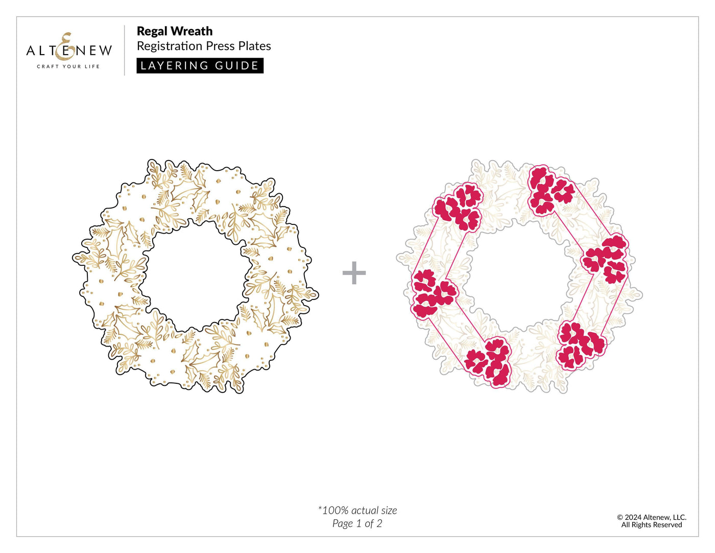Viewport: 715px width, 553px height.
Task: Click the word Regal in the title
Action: [x=152, y=32]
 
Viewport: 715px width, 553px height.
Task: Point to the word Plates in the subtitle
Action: [x=255, y=46]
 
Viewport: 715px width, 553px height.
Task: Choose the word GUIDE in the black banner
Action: [x=236, y=66]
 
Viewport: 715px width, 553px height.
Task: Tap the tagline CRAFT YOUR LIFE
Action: [x=68, y=66]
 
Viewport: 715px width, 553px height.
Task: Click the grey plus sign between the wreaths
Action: [x=354, y=273]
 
